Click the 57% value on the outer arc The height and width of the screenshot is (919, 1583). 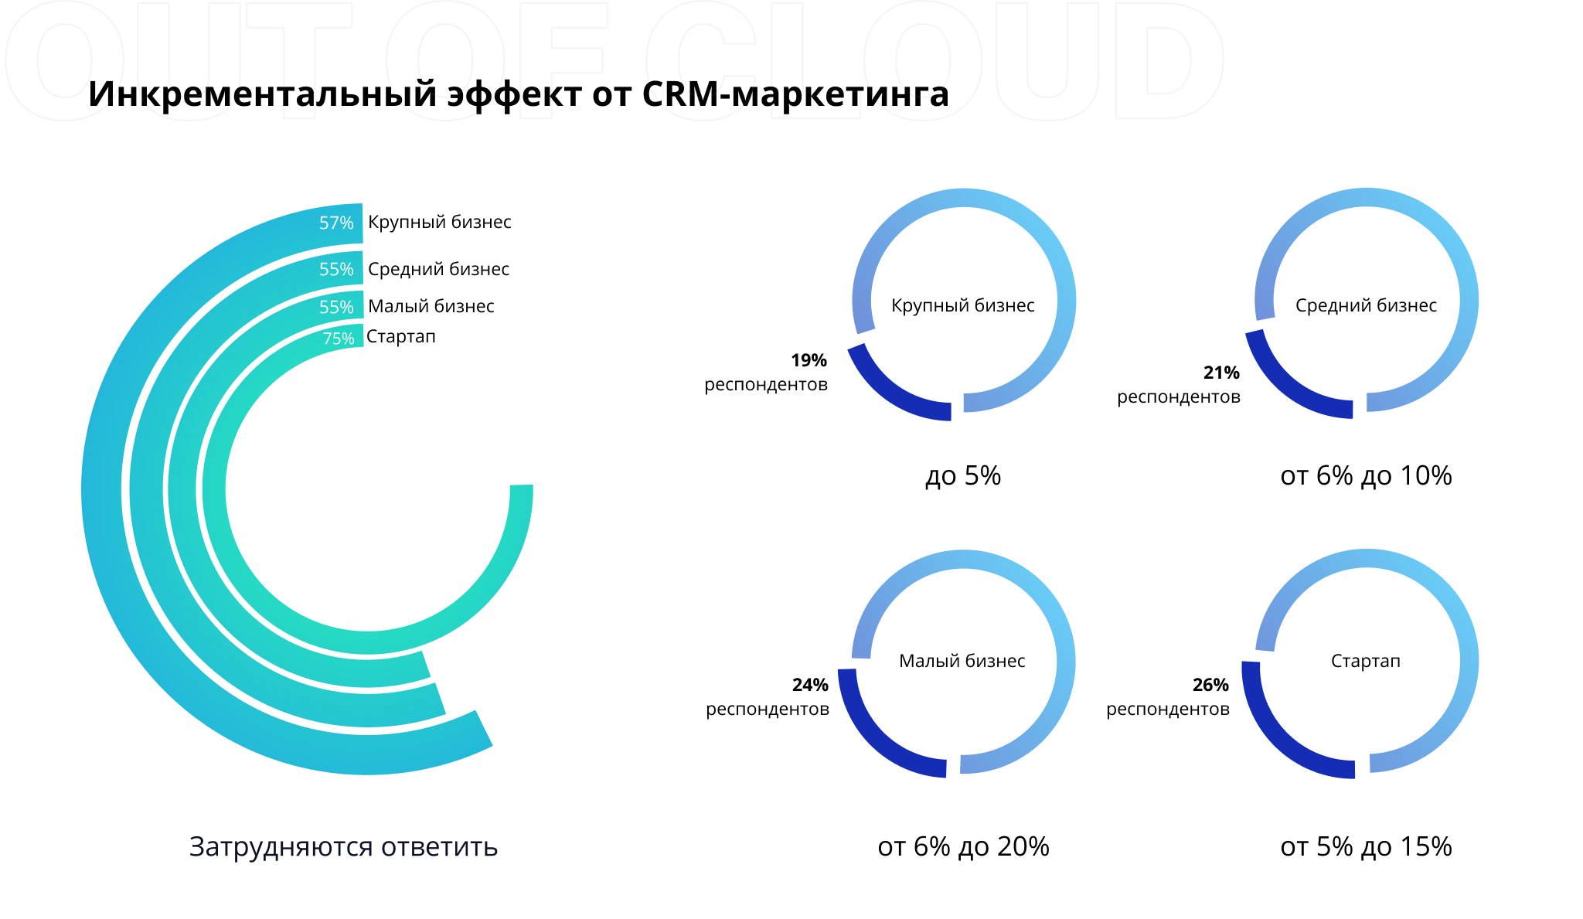[x=336, y=223]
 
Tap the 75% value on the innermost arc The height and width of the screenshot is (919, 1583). [x=339, y=339]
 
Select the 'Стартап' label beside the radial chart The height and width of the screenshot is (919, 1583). [x=400, y=336]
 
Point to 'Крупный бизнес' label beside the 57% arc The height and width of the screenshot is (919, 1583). [x=439, y=222]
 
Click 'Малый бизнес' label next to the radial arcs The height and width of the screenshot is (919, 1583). [x=431, y=306]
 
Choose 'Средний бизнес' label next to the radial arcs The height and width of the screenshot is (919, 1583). [x=438, y=269]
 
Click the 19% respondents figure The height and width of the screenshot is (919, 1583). [x=809, y=360]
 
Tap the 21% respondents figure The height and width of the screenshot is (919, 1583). [x=1221, y=373]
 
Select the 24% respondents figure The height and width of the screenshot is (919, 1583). [x=810, y=685]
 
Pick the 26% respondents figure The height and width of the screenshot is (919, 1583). [x=1210, y=685]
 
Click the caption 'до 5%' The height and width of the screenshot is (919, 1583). [x=963, y=475]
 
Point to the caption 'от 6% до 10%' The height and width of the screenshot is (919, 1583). [x=1366, y=475]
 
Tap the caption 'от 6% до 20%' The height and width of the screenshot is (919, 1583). [x=963, y=846]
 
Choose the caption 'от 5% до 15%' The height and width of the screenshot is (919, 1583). [x=1366, y=846]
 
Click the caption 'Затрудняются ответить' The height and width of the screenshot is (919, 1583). [x=343, y=846]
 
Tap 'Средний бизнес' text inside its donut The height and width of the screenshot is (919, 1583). [x=1366, y=305]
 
